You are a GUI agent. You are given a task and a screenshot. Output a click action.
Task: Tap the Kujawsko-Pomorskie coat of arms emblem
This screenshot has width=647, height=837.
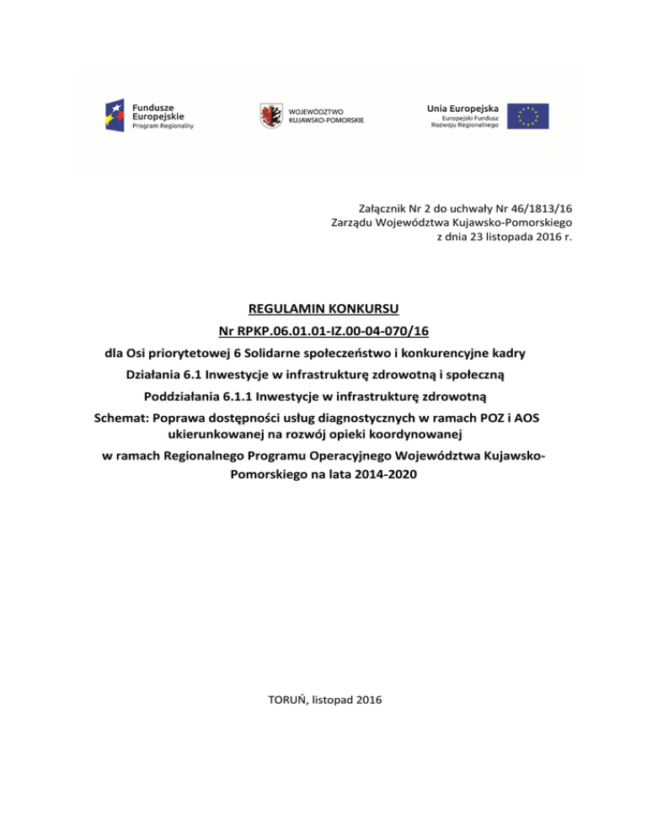(x=270, y=115)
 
